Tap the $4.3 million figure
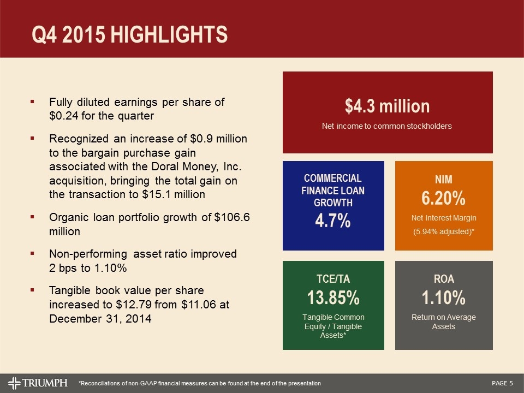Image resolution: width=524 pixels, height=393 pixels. (x=387, y=106)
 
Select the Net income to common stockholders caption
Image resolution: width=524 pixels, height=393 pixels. (x=387, y=126)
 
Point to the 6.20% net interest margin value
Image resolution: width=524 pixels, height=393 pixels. (x=443, y=198)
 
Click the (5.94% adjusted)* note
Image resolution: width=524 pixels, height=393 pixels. (x=443, y=232)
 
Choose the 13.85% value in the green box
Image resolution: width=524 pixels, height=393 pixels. (x=333, y=298)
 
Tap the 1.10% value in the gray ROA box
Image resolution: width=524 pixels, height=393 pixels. (x=443, y=298)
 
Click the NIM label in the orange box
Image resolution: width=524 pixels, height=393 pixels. (x=443, y=180)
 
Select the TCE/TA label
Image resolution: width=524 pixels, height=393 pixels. (x=333, y=279)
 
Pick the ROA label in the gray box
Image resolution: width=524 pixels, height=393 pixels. (x=443, y=279)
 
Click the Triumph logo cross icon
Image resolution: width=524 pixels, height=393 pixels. (x=16, y=383)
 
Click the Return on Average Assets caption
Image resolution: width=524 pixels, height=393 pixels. (x=443, y=322)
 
